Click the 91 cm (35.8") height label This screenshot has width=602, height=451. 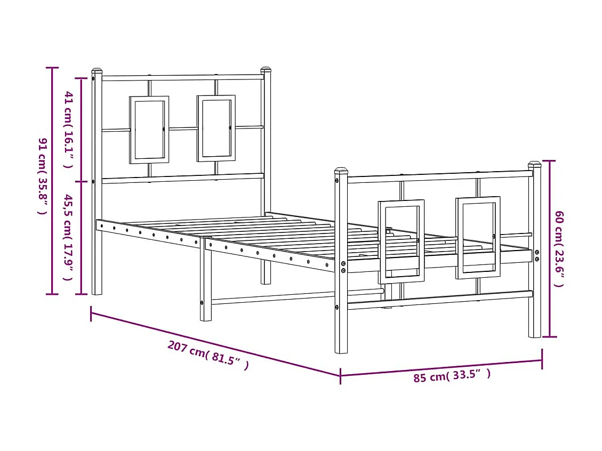[x=42, y=176]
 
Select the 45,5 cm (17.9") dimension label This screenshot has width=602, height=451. [x=69, y=237]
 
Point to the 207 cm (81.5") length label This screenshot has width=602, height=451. [x=208, y=355]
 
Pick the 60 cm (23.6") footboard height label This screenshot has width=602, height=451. [x=558, y=248]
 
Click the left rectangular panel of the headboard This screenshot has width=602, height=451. [x=149, y=130]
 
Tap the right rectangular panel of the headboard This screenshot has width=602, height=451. [x=216, y=128]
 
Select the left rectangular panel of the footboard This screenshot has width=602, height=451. [x=402, y=241]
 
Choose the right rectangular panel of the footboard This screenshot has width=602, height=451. [x=478, y=238]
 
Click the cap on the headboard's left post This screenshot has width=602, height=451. [x=97, y=70]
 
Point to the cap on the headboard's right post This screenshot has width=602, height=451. [x=266, y=70]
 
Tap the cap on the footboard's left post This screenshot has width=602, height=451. [x=341, y=171]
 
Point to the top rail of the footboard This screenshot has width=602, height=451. [x=440, y=175]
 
